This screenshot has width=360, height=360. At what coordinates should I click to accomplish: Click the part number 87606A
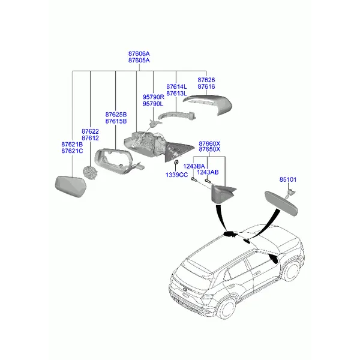pyautogui.click(x=139, y=54)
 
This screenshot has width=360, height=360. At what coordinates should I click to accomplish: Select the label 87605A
pyautogui.click(x=139, y=61)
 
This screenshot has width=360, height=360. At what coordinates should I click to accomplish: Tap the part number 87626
pyautogui.click(x=206, y=80)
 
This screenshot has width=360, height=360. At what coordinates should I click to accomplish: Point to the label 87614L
pyautogui.click(x=176, y=87)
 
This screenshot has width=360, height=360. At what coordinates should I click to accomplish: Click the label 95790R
pyautogui.click(x=154, y=97)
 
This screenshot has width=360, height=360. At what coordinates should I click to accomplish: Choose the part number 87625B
pyautogui.click(x=116, y=115)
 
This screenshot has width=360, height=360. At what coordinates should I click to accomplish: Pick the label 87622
pyautogui.click(x=90, y=131)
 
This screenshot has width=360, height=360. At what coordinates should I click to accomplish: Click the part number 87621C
pyautogui.click(x=72, y=151)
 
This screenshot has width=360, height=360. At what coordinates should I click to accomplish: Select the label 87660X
pyautogui.click(x=209, y=144)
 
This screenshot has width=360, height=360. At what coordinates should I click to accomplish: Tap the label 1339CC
pyautogui.click(x=176, y=175)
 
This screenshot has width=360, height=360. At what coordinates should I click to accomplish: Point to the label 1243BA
pyautogui.click(x=194, y=166)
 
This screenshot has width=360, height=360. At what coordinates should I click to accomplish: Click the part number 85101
pyautogui.click(x=288, y=179)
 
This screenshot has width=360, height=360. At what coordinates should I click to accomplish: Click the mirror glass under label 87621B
pyautogui.click(x=71, y=187)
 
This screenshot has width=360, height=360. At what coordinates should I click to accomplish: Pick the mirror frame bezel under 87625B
pyautogui.click(x=99, y=161)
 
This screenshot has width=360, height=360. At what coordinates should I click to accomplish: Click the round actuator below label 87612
pyautogui.click(x=89, y=173)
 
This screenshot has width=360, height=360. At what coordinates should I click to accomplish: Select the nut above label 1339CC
pyautogui.click(x=176, y=162)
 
